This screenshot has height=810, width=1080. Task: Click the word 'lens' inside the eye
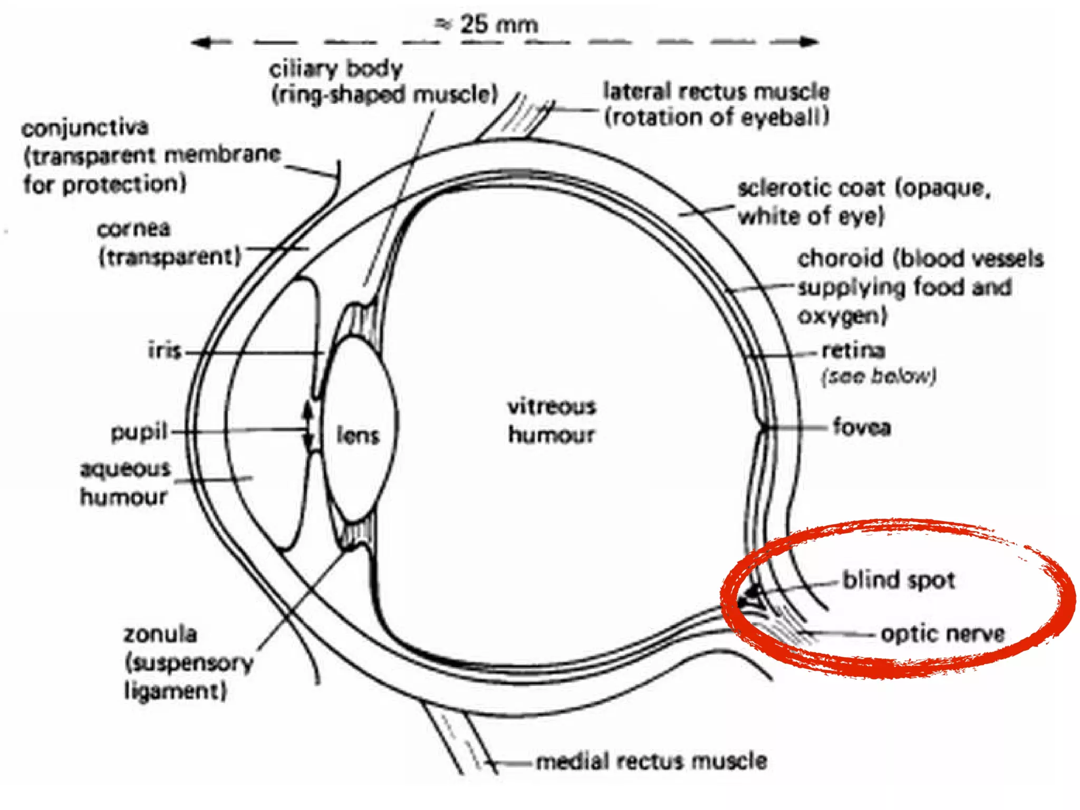[358, 436]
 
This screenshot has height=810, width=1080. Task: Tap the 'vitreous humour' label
[552, 421]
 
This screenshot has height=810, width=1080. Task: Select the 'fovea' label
[862, 427]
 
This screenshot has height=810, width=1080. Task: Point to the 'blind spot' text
[899, 580]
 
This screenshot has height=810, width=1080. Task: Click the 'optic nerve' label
[943, 633]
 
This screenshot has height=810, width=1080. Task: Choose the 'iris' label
[165, 351]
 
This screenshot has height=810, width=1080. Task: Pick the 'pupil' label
[139, 432]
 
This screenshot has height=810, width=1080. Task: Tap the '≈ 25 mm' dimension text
[486, 24]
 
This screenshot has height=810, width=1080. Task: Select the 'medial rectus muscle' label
[651, 761]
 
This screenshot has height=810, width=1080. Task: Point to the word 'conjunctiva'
[85, 128]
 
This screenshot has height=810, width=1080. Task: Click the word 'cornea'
[134, 229]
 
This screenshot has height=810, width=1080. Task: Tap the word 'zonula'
[160, 634]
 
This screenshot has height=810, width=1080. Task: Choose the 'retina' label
[853, 350]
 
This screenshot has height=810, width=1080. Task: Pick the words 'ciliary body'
[336, 69]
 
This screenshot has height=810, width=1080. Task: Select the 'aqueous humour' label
[125, 483]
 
